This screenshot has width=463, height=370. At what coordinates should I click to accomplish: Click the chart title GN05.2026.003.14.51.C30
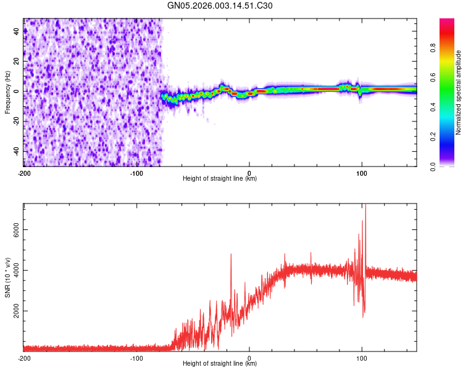[x=220, y=6]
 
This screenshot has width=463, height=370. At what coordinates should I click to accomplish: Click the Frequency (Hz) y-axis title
[x=7, y=92]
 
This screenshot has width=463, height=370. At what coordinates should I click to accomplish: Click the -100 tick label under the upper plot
[x=136, y=172]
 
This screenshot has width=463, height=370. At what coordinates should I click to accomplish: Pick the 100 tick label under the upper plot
[x=361, y=172]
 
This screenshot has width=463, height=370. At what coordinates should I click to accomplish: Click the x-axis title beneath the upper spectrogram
[x=220, y=179]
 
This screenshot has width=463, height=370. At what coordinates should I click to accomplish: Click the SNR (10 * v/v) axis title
[x=7, y=277]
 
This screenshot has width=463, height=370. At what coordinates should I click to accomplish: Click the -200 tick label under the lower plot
[x=24, y=358]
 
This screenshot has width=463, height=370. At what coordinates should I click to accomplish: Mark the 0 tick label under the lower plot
[x=249, y=358]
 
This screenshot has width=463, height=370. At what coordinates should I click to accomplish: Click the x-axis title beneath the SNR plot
[x=220, y=364]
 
